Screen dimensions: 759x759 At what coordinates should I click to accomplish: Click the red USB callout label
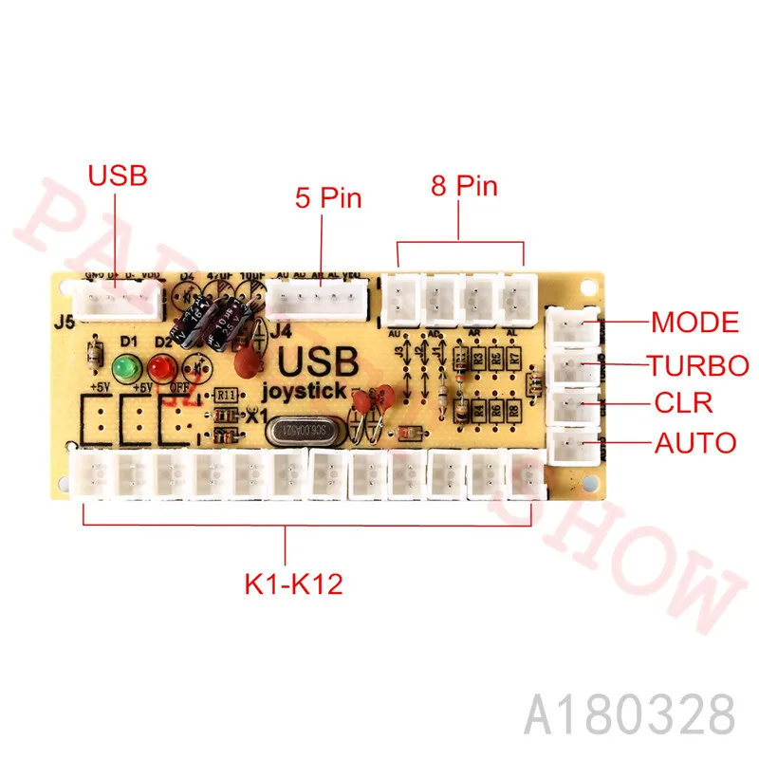(x=118, y=176)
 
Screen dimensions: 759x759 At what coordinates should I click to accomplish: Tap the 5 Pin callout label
(x=327, y=198)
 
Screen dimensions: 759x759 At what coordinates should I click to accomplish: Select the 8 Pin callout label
(x=464, y=185)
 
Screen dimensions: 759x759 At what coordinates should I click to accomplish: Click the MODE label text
(x=694, y=323)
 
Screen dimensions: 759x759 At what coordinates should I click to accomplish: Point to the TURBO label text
(x=698, y=364)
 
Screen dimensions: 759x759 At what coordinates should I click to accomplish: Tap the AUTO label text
(x=694, y=442)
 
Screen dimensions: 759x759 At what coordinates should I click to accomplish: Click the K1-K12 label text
(x=287, y=583)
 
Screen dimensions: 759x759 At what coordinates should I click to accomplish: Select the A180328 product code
(x=630, y=712)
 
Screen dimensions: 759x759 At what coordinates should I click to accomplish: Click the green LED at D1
(x=122, y=367)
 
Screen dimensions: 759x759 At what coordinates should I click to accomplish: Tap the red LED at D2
(x=156, y=367)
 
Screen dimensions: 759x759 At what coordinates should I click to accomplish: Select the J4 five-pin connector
(x=317, y=301)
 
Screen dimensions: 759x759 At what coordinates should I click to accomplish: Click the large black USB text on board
(x=317, y=362)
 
